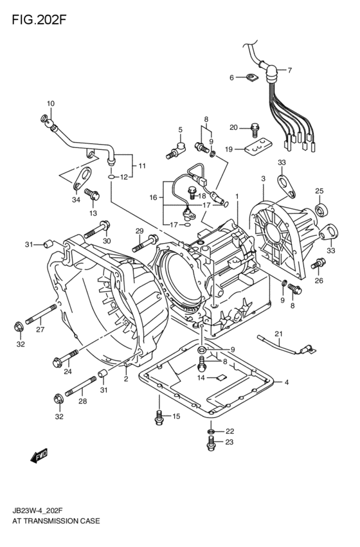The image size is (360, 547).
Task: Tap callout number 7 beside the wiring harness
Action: pos(289,70)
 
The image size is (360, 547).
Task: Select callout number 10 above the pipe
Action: pos(50,103)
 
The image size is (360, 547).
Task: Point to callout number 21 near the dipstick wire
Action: pos(278,333)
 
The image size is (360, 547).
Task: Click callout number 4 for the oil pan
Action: pos(286,383)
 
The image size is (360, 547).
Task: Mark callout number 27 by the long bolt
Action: pos(40,330)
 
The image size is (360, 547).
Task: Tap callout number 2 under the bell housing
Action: pos(126,379)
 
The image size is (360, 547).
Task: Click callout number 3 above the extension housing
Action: pos(263,178)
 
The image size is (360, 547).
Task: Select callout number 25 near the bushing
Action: pos(319,191)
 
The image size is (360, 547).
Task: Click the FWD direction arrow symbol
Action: pos(40,457)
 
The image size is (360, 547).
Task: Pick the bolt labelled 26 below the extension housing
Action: pos(317,264)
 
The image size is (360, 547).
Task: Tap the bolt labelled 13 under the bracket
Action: pos(92,194)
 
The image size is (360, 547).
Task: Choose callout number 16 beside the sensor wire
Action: pos(153,198)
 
